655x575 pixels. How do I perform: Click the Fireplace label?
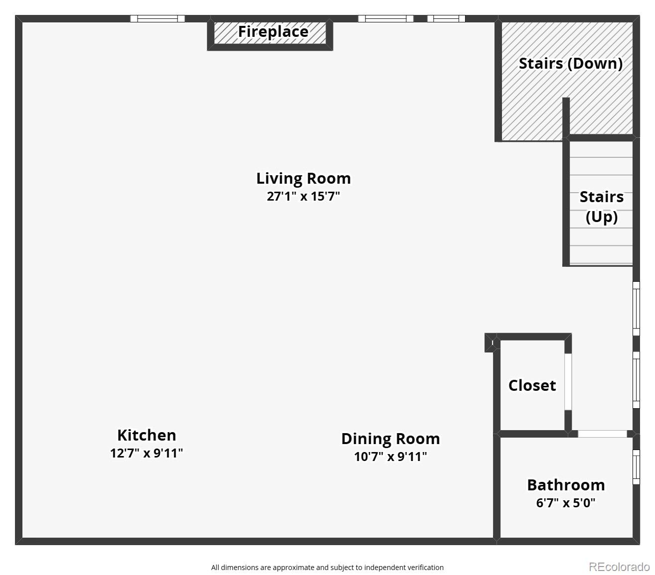[273, 32]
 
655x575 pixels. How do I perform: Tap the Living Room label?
[303, 178]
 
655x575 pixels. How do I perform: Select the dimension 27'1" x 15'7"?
[303, 196]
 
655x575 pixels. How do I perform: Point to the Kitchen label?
[147, 435]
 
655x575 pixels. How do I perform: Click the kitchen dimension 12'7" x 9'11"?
[147, 453]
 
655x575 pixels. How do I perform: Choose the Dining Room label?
[390, 439]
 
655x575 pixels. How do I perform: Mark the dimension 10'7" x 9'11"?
[390, 457]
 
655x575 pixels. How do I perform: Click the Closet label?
[532, 385]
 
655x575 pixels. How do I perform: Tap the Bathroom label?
[566, 485]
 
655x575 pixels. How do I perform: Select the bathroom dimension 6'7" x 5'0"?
[566, 503]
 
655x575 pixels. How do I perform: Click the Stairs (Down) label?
[570, 64]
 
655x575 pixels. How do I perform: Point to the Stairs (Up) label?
[601, 207]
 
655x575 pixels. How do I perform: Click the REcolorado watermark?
[619, 567]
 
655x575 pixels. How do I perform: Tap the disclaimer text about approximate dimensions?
[327, 568]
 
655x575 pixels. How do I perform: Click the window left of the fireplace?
[158, 19]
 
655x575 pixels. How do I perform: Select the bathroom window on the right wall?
[636, 467]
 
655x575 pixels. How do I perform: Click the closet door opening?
[568, 382]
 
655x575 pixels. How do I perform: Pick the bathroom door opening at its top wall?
[602, 434]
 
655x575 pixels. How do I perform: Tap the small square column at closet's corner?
[491, 343]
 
